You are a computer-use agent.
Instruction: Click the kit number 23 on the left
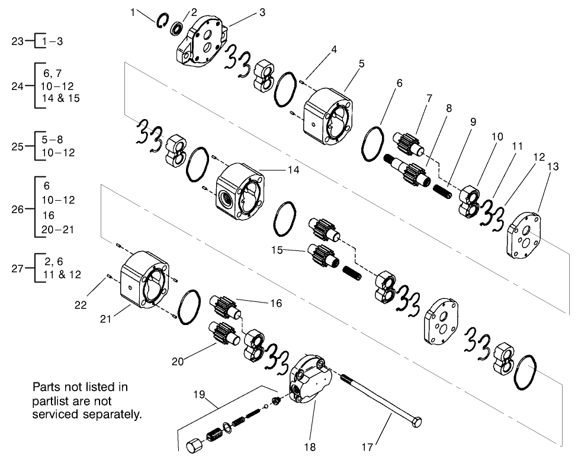pyautogui.click(x=18, y=41)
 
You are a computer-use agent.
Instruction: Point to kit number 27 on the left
pyautogui.click(x=18, y=268)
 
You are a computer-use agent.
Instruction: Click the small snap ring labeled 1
pyautogui.click(x=162, y=20)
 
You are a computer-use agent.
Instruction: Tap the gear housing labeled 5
pyautogui.click(x=327, y=115)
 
